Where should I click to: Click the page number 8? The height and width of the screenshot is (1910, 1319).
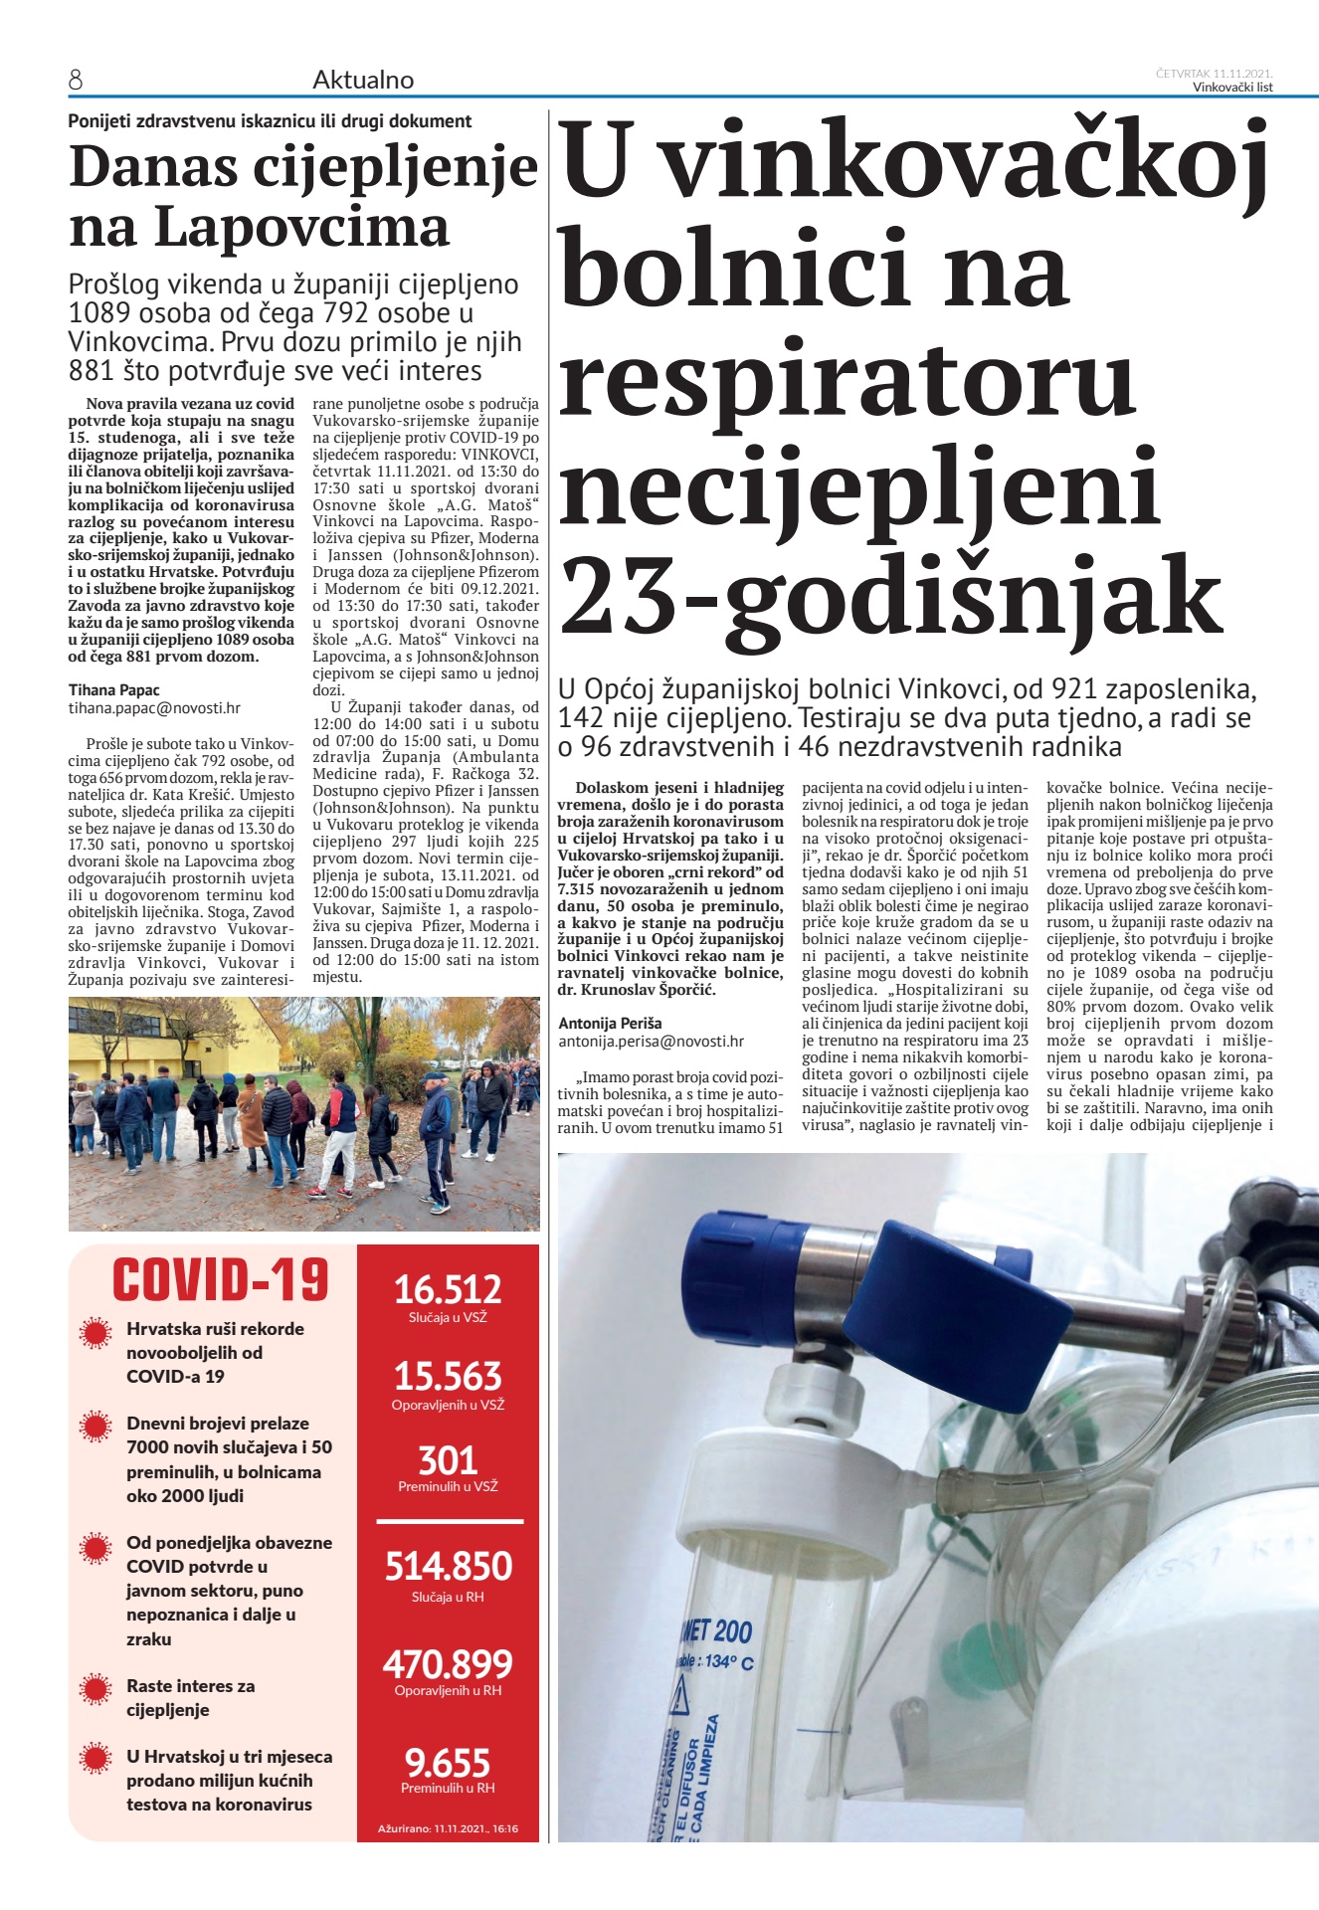tap(76, 81)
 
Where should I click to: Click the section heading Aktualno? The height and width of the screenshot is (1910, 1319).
tap(363, 81)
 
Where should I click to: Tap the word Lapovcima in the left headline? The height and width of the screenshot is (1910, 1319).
tap(301, 228)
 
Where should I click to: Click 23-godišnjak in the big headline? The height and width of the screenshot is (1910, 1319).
tap(890, 598)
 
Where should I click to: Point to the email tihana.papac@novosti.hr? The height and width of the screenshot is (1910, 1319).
tap(154, 708)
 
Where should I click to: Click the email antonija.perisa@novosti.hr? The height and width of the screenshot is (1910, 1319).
tap(651, 1042)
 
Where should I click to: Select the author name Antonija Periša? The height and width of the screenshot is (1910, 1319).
tap(610, 1023)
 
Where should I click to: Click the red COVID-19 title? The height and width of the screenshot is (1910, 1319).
tap(220, 1280)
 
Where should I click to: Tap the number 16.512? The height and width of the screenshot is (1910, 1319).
tap(448, 1289)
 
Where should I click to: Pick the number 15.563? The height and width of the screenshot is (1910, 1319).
tap(448, 1377)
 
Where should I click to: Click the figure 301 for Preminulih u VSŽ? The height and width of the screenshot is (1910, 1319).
tap(448, 1460)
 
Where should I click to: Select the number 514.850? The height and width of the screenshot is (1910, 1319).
tap(449, 1566)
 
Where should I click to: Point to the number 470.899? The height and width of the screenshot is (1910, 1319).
tap(448, 1664)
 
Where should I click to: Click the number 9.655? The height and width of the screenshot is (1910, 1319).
tap(448, 1763)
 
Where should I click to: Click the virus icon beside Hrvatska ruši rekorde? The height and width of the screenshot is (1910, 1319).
tap(95, 1333)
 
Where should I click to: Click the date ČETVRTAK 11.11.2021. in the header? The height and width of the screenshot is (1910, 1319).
tap(1215, 74)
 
